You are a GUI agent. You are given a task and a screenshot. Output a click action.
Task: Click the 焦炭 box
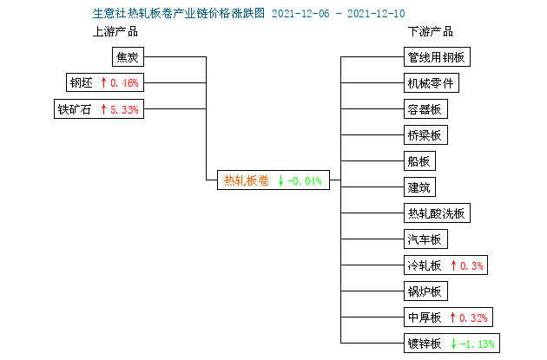point(128,56)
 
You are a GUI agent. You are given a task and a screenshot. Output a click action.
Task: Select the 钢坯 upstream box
point(105,82)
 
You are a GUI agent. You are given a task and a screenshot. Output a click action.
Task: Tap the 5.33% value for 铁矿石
point(124,110)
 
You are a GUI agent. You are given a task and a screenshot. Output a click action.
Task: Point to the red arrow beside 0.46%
point(103,82)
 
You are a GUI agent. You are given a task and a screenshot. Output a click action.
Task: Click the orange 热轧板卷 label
point(247,180)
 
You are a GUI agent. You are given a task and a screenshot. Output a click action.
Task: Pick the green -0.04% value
point(305,181)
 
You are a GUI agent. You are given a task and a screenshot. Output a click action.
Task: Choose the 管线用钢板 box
point(437,56)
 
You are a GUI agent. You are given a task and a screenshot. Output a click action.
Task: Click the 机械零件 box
point(432,83)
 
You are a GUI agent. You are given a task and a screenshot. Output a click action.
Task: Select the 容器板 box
point(425,109)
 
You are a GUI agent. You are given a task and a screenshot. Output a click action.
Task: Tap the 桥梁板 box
point(425,134)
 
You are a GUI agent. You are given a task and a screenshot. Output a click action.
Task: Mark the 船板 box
point(419,161)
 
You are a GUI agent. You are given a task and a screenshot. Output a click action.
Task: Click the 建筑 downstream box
point(419,187)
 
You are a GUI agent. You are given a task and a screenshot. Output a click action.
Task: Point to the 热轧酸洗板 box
point(437,213)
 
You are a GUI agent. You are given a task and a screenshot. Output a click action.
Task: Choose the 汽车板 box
point(425,239)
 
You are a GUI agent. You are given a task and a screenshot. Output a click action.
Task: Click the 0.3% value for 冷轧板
point(471,266)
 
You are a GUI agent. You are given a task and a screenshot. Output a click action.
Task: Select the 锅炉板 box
point(425,291)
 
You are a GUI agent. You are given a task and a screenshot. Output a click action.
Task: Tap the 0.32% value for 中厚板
point(473,317)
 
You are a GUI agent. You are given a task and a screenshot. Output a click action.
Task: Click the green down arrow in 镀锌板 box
point(453,344)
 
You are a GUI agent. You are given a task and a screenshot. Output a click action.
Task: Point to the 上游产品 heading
point(115,31)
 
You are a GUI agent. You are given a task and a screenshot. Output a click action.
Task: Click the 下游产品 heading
point(431,31)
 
